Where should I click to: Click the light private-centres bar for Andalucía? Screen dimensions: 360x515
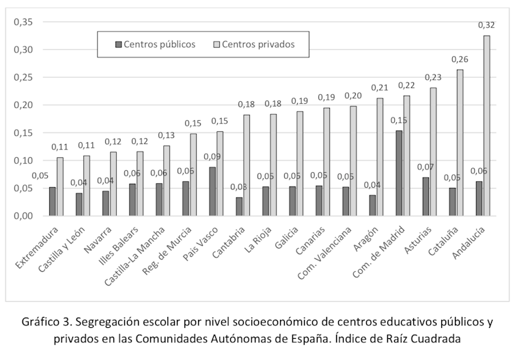pyautogui.click(x=486, y=126)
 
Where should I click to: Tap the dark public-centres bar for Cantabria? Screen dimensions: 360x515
pyautogui.click(x=238, y=207)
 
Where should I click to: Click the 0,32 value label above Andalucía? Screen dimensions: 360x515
pyautogui.click(x=486, y=25)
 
